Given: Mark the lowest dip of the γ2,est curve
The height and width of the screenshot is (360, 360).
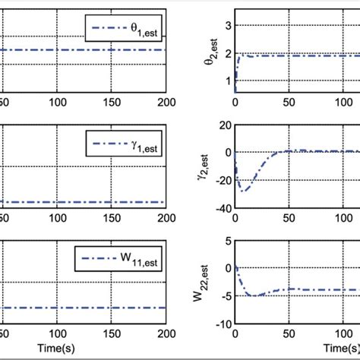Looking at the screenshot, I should tap(243, 190).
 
